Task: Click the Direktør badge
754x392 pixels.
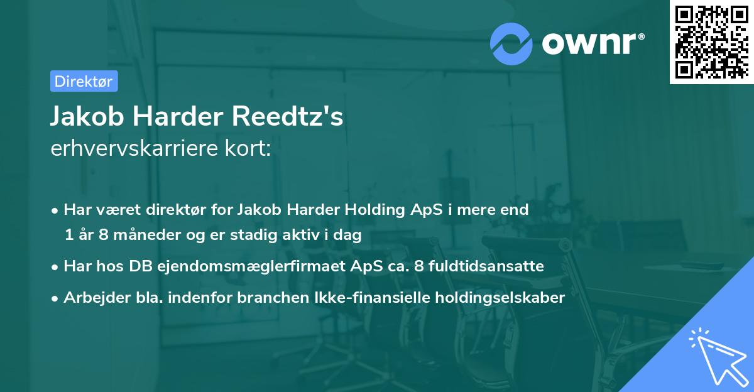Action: (84, 82)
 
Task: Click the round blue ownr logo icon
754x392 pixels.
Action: (511, 43)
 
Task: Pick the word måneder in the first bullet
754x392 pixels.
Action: (138, 235)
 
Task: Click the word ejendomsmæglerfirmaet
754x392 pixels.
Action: (246, 266)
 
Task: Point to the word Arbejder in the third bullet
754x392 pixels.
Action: (90, 298)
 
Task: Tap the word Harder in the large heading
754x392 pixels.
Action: (178, 117)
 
